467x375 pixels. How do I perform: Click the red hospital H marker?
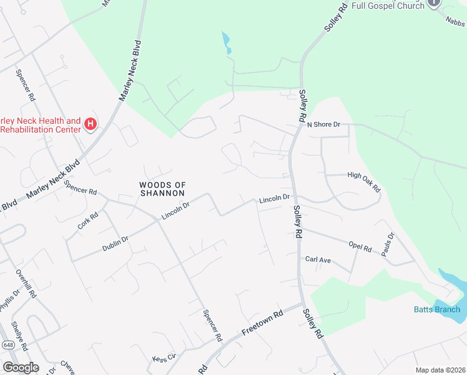click(91, 124)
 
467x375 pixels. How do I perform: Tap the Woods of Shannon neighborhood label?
click(163, 189)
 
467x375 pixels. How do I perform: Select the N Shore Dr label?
click(323, 124)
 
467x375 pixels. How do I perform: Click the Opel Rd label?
click(360, 246)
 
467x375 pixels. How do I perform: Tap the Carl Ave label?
click(317, 259)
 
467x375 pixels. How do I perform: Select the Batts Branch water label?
click(436, 309)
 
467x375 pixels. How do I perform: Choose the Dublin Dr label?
click(116, 244)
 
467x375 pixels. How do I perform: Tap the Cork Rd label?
click(88, 222)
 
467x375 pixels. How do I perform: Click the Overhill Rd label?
click(27, 284)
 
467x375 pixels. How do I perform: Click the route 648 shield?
click(8, 344)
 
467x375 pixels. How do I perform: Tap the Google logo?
click(21, 367)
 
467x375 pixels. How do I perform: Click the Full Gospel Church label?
click(387, 5)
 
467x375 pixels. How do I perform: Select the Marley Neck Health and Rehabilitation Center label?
click(41, 125)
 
